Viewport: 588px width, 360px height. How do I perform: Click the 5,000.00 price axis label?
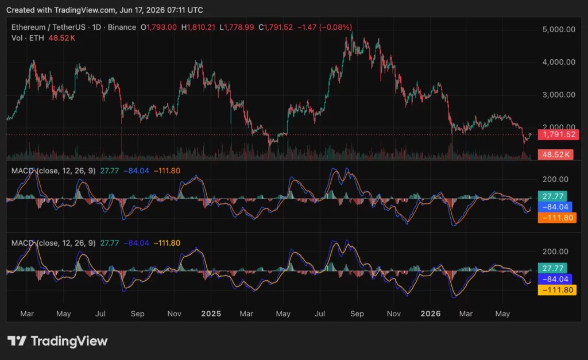click(559, 29)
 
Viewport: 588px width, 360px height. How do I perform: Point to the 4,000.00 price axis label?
click(559, 62)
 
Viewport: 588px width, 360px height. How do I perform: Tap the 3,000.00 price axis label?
click(559, 95)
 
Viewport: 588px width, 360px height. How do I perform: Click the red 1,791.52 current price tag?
click(558, 134)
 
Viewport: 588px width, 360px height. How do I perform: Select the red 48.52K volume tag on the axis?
click(555, 154)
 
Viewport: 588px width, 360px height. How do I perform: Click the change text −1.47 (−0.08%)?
click(325, 27)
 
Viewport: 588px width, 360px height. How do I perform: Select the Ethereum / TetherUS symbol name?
click(48, 27)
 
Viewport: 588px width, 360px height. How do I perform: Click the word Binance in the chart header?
click(122, 27)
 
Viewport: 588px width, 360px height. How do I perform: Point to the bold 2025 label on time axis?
click(211, 313)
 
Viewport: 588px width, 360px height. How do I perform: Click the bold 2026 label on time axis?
click(431, 313)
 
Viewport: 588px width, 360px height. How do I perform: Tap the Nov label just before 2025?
click(175, 313)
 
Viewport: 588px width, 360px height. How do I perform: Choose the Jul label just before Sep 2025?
click(320, 313)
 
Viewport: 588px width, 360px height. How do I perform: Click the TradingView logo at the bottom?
click(57, 341)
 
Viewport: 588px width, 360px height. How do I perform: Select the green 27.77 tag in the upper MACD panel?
click(553, 196)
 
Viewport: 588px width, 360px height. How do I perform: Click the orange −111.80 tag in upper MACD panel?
click(557, 218)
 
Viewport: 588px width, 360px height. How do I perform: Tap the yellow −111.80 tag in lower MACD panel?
click(557, 290)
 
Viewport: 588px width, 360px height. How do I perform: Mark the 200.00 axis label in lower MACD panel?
click(555, 251)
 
